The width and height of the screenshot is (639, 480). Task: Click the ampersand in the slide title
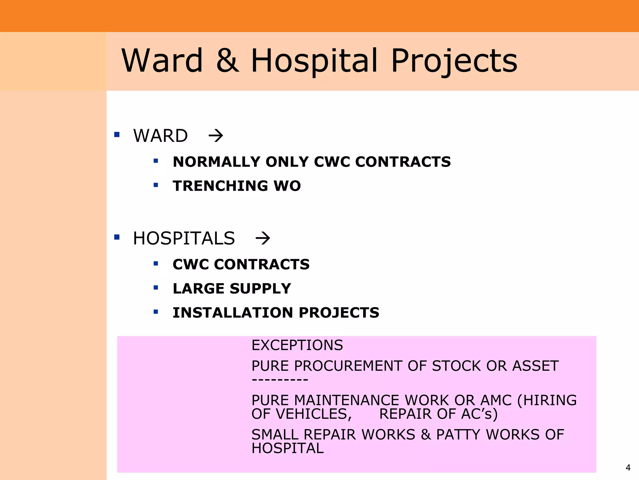pyautogui.click(x=228, y=60)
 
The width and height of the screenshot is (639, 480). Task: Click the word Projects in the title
pyautogui.click(x=454, y=61)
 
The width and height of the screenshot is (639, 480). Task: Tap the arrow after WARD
pyautogui.click(x=216, y=136)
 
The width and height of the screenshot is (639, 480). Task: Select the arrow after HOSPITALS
pyautogui.click(x=263, y=238)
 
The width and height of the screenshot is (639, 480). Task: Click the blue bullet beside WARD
pyautogui.click(x=117, y=135)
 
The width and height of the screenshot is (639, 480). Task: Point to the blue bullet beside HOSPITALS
pyautogui.click(x=117, y=237)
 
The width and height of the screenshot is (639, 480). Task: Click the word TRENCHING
pyautogui.click(x=220, y=186)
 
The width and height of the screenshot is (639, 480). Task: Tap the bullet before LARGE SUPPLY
pyautogui.click(x=156, y=287)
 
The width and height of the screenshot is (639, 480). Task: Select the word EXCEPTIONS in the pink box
pyautogui.click(x=297, y=345)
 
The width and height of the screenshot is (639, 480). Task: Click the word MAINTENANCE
pyautogui.click(x=347, y=400)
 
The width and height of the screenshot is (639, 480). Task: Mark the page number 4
pyautogui.click(x=628, y=467)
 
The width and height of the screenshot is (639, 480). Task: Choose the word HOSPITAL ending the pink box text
pyautogui.click(x=288, y=448)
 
